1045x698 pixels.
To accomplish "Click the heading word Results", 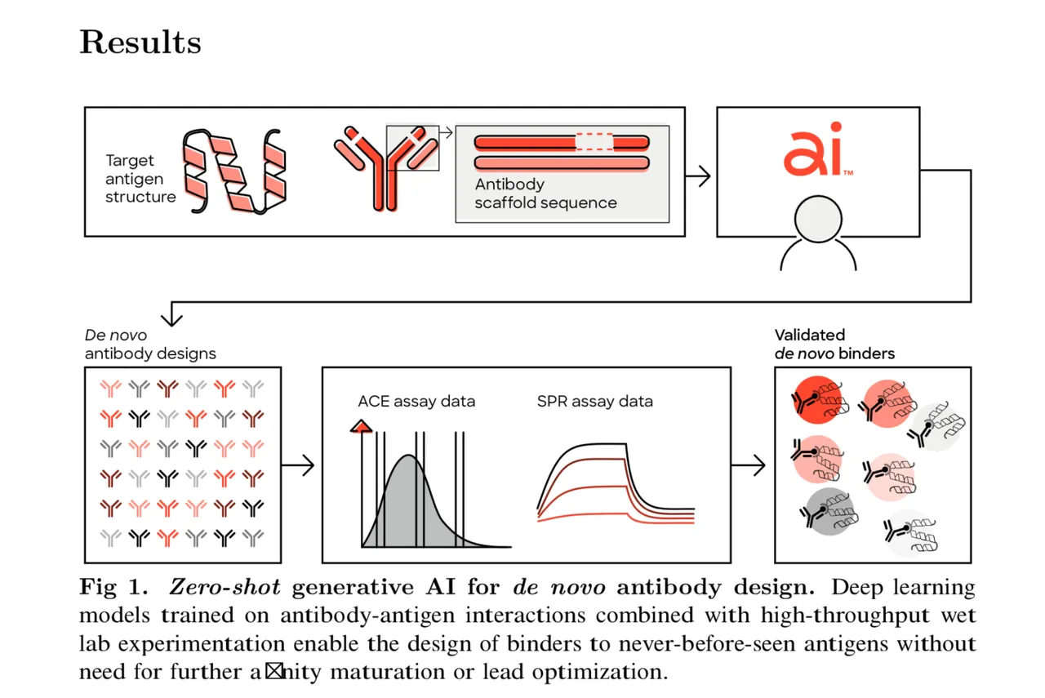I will pyautogui.click(x=140, y=42).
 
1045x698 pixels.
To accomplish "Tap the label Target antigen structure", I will pyautogui.click(x=140, y=179).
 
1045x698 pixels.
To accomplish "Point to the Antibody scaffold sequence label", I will pyautogui.click(x=545, y=193).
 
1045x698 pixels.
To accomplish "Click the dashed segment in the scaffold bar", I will pyautogui.click(x=595, y=141).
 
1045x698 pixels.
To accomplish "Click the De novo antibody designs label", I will pyautogui.click(x=150, y=345).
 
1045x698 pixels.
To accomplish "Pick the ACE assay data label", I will pyautogui.click(x=416, y=401).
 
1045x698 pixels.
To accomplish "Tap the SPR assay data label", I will pyautogui.click(x=594, y=401).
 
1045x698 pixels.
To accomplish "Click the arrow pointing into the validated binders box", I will pyautogui.click(x=749, y=465).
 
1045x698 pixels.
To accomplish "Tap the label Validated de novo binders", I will pyautogui.click(x=834, y=345).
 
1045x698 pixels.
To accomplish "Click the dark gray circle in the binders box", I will pyautogui.click(x=825, y=511).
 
